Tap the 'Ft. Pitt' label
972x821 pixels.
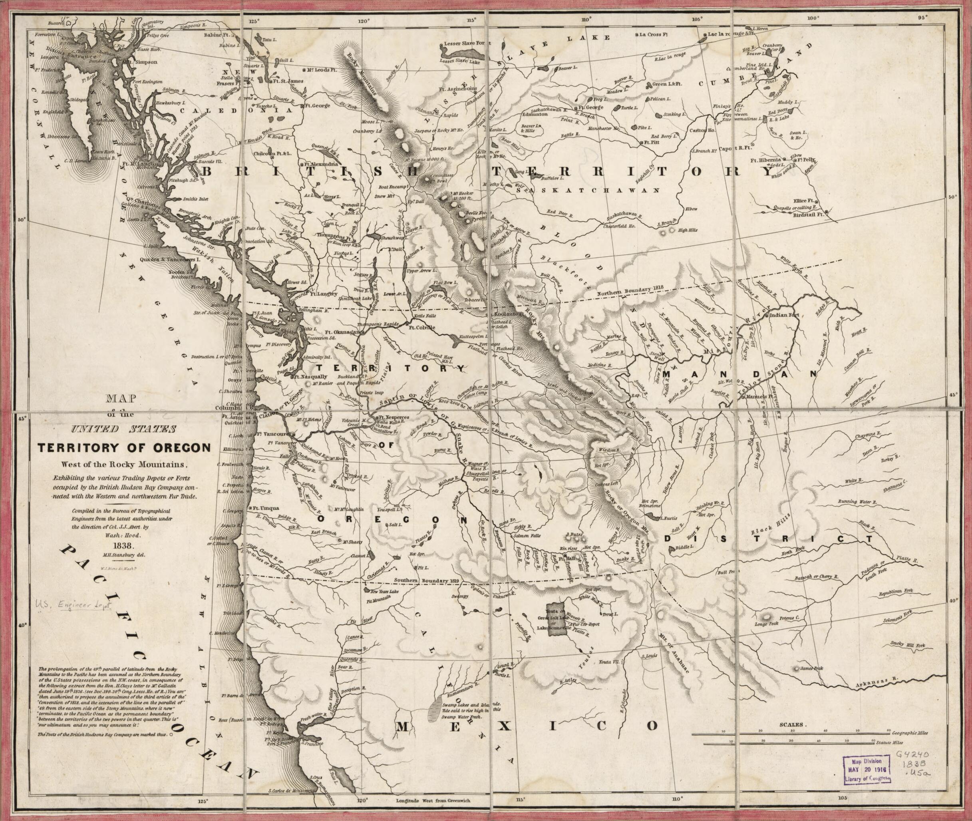652,142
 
